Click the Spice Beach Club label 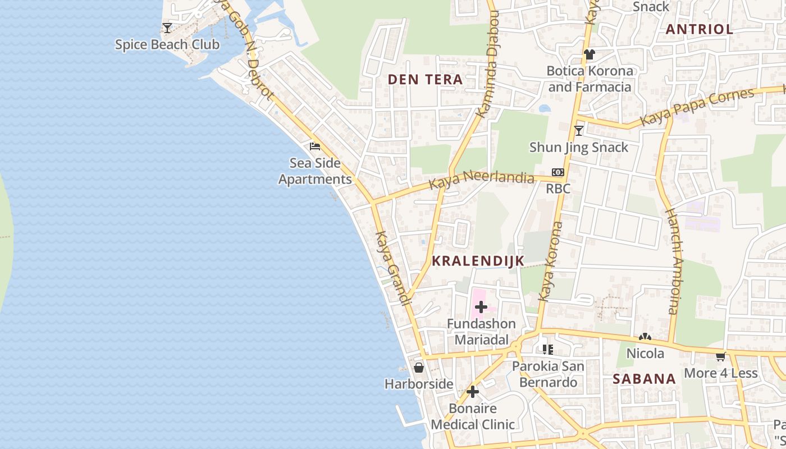(x=167, y=44)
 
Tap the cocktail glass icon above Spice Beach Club (x=167, y=28)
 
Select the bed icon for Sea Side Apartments (x=315, y=146)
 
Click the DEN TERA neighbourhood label (x=426, y=80)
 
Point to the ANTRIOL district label (x=700, y=29)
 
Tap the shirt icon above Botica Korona (x=589, y=54)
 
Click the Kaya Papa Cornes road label (x=697, y=107)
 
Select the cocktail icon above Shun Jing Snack (x=579, y=131)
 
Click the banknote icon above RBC (x=557, y=172)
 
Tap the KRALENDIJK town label (x=478, y=260)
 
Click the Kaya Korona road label (x=550, y=262)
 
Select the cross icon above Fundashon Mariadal (x=481, y=307)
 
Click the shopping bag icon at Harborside (x=419, y=368)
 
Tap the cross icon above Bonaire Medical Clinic (x=473, y=391)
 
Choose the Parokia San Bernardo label (x=548, y=374)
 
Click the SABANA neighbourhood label (x=644, y=379)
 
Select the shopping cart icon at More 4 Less (x=720, y=356)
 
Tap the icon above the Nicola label (x=645, y=337)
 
